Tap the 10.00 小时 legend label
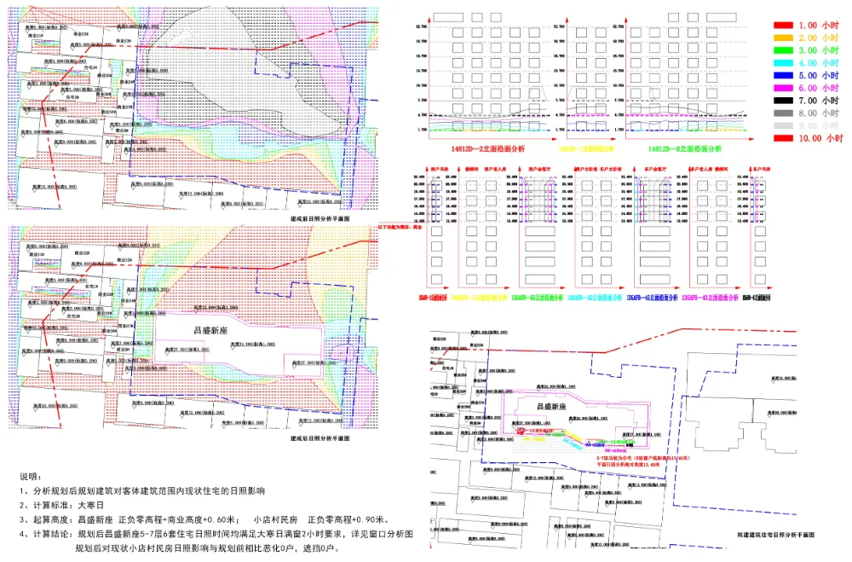coord(820,137)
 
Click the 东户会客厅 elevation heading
coord(653,170)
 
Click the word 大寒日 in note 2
coord(88,504)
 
